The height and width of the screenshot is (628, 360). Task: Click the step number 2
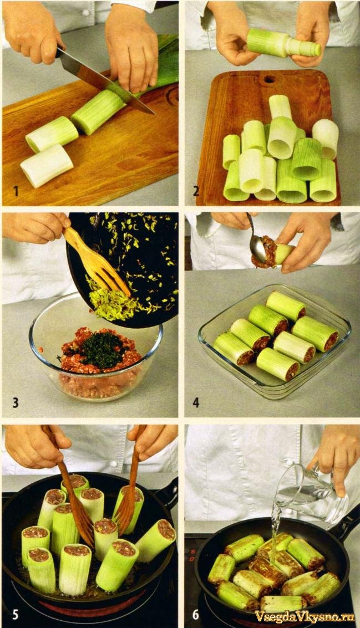[196, 191]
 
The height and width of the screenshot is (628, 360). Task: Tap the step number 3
[15, 402]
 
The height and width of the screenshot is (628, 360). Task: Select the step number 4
[196, 402]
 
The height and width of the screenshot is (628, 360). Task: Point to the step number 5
[15, 614]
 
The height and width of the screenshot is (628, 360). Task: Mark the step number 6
[196, 614]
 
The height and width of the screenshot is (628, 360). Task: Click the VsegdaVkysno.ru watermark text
[305, 616]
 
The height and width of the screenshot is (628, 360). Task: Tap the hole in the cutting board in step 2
[270, 79]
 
